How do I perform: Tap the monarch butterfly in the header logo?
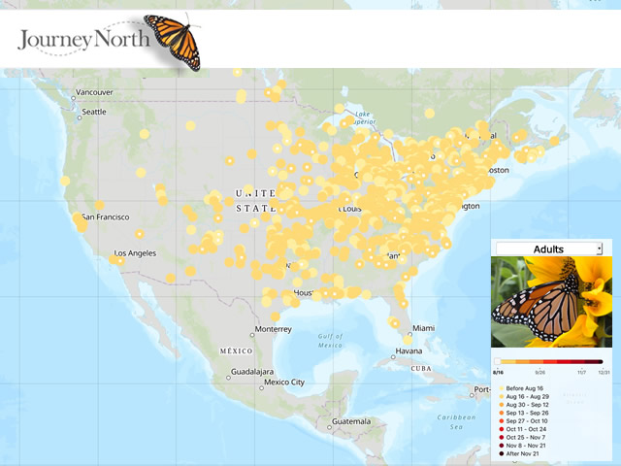175,40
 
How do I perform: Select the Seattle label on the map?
94,112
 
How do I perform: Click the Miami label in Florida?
422,328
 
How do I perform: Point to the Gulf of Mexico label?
331,340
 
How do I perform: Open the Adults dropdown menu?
549,250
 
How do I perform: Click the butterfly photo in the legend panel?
551,302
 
